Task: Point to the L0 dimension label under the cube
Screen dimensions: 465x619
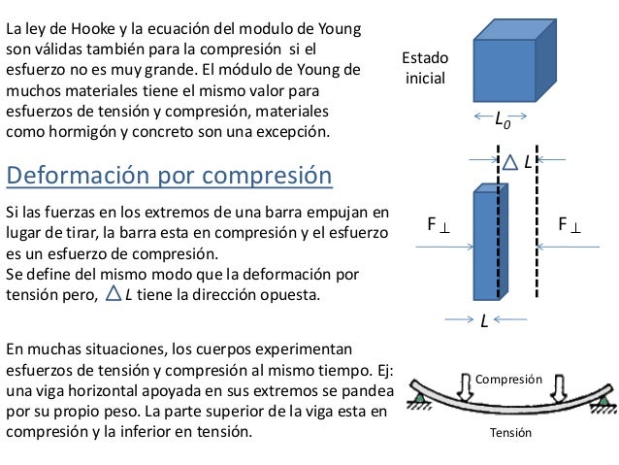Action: (x=502, y=120)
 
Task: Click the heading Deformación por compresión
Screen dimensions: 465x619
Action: (x=169, y=176)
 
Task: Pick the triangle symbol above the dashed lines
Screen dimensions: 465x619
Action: (x=509, y=162)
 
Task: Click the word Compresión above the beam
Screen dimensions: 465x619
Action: (x=508, y=382)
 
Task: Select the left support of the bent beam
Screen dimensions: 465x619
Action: (x=419, y=398)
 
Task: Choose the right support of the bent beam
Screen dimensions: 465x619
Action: (x=605, y=398)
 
